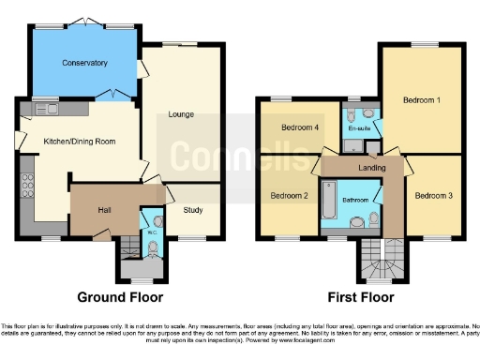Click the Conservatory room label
[x=85, y=63]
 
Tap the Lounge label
[x=180, y=114]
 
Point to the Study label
[x=193, y=210]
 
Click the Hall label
[x=105, y=209]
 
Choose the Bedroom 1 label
[x=421, y=98]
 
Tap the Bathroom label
[x=355, y=200]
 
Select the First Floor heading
[x=359, y=297]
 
